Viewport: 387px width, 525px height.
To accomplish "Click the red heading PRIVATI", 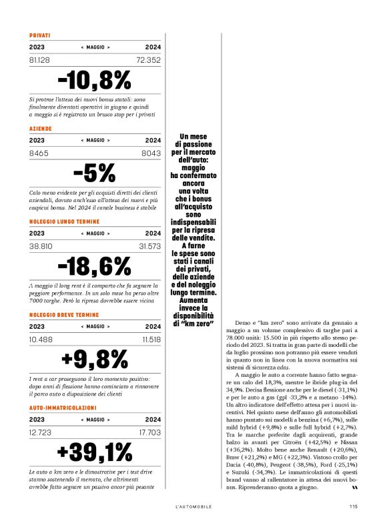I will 40,35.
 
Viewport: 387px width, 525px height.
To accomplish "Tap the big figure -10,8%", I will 95,80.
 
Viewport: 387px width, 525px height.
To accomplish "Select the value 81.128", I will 42,60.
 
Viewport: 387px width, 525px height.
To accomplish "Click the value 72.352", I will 149,60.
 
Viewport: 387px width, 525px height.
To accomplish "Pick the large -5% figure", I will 95,173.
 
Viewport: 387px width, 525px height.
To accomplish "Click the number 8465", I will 39,153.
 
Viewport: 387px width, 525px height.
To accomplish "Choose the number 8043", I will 151,153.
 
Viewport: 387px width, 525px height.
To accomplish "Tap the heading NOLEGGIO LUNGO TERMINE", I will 64,220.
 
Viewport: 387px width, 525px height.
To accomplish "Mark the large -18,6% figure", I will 95,266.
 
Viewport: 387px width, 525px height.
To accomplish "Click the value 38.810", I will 41,246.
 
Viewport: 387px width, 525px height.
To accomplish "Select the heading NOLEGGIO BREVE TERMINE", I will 64,314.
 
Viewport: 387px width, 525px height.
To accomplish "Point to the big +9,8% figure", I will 95,359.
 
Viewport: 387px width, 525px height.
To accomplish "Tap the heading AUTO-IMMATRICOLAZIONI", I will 63,406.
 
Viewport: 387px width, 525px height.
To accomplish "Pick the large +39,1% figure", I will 95,452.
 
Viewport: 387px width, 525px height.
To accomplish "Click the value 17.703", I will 150,432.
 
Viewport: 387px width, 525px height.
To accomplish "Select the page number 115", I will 353,506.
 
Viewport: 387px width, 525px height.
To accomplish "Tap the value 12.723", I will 41,432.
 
